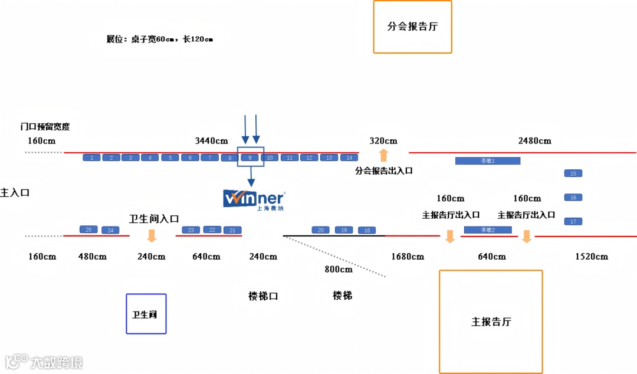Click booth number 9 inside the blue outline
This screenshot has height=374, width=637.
click(250, 158)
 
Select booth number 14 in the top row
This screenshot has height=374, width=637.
click(349, 158)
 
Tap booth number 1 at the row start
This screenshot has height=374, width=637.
click(91, 158)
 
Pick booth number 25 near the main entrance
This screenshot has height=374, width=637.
click(88, 229)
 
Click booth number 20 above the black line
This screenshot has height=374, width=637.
click(320, 230)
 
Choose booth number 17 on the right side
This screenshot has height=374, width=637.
click(573, 221)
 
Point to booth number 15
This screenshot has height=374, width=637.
click(573, 173)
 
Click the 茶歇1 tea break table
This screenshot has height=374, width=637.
click(488, 160)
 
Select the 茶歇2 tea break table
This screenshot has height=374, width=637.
click(488, 229)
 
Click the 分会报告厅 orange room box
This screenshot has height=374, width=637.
click(412, 27)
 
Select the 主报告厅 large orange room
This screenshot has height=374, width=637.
click(491, 321)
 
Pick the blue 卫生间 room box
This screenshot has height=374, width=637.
click(146, 314)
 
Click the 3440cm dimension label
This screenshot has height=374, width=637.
click(211, 141)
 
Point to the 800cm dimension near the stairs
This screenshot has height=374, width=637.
click(339, 269)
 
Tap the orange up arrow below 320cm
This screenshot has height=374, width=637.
click(383, 155)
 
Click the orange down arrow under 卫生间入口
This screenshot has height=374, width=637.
click(152, 236)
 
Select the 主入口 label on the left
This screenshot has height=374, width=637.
click(15, 192)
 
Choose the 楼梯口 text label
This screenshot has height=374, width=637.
click(263, 296)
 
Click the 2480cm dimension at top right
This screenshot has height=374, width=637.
click(534, 141)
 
